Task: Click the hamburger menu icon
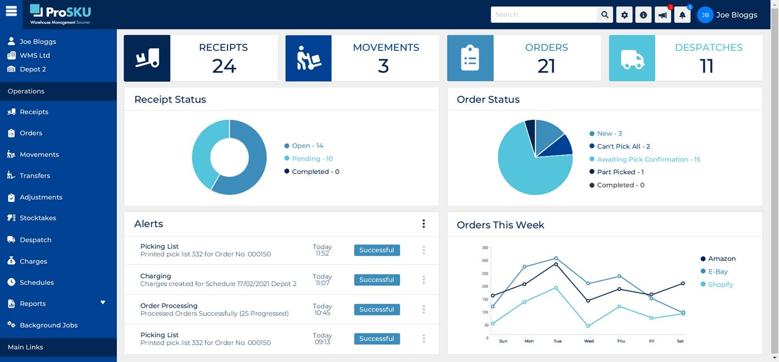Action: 11,11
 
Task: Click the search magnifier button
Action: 605,15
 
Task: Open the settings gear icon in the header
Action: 624,15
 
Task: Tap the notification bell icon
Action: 682,15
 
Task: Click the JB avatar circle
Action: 705,15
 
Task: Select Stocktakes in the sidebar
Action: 38,218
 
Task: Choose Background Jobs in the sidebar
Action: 48,325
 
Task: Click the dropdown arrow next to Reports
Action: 103,303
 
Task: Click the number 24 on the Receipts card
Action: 224,66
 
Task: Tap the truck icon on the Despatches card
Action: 632,58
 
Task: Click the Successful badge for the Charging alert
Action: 376,280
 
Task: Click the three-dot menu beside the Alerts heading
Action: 423,224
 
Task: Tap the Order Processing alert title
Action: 168,306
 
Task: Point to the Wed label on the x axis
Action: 589,341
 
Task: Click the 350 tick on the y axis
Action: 485,248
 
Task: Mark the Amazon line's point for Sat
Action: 683,283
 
